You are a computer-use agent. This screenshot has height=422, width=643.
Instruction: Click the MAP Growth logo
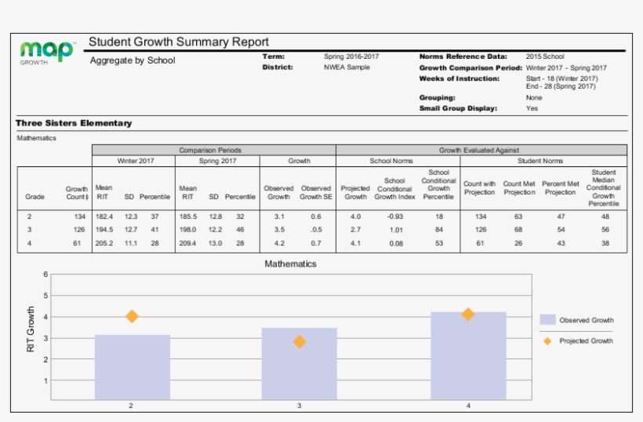[x=47, y=52]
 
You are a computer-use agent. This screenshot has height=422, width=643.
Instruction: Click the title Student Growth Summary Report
[x=179, y=42]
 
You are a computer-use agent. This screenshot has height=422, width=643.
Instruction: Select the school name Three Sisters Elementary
[x=74, y=123]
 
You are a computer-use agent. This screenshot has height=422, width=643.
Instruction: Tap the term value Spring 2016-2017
[x=351, y=56]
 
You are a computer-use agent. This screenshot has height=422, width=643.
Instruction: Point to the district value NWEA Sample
[x=347, y=67]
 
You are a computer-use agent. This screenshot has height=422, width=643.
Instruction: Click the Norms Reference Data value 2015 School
[x=545, y=56]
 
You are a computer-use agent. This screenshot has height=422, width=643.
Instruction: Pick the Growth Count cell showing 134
[x=78, y=216]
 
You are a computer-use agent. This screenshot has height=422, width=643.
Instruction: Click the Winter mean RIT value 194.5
[x=104, y=230]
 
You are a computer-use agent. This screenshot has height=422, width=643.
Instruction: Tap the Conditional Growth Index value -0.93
[x=394, y=216]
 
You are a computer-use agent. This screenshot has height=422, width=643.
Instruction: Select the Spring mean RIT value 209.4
[x=188, y=243]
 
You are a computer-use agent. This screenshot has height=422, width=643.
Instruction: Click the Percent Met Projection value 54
[x=561, y=230]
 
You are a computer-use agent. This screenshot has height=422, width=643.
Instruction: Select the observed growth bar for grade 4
[x=468, y=357]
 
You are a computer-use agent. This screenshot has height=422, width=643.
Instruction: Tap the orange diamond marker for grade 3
[x=299, y=342]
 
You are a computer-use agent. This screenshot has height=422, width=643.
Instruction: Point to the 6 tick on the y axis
[x=45, y=275]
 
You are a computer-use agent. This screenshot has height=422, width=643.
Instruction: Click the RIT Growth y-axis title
[x=31, y=329]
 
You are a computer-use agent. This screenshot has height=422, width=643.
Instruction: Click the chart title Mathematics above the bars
[x=290, y=264]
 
